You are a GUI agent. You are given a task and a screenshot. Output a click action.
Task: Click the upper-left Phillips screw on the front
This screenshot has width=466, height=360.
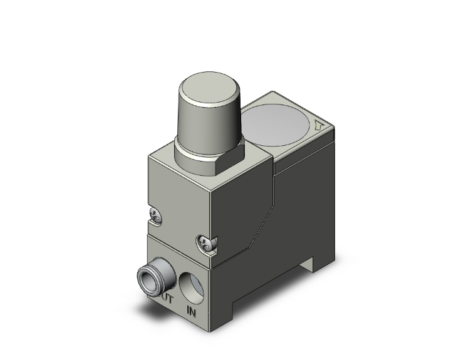154,216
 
